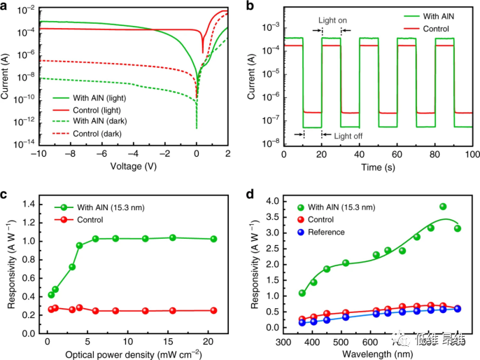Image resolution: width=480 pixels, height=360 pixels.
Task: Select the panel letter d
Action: pos(248,191)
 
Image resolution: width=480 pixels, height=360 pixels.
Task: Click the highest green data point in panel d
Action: pos(443,207)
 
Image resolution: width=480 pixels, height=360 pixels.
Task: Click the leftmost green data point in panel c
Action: pos(51,295)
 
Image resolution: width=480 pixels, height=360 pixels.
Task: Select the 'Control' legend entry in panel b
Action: pos(436,29)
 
